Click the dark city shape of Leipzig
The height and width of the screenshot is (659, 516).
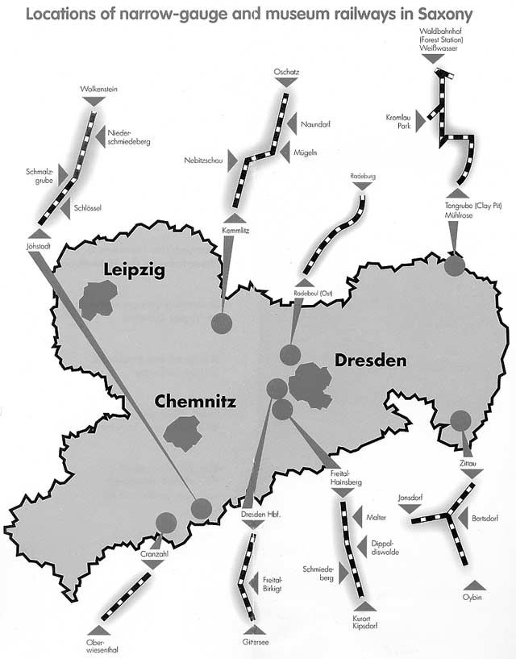[96, 299]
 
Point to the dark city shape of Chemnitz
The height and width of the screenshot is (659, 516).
[183, 434]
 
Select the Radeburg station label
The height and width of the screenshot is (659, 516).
[363, 175]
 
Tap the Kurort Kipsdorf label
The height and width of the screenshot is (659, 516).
[365, 623]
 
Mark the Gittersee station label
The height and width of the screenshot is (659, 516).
[253, 642]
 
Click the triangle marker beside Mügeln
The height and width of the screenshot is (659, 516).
[284, 152]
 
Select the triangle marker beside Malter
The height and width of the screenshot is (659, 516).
[353, 516]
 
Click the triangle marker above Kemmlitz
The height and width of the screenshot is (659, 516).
[234, 217]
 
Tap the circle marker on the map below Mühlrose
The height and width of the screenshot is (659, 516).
[455, 264]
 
